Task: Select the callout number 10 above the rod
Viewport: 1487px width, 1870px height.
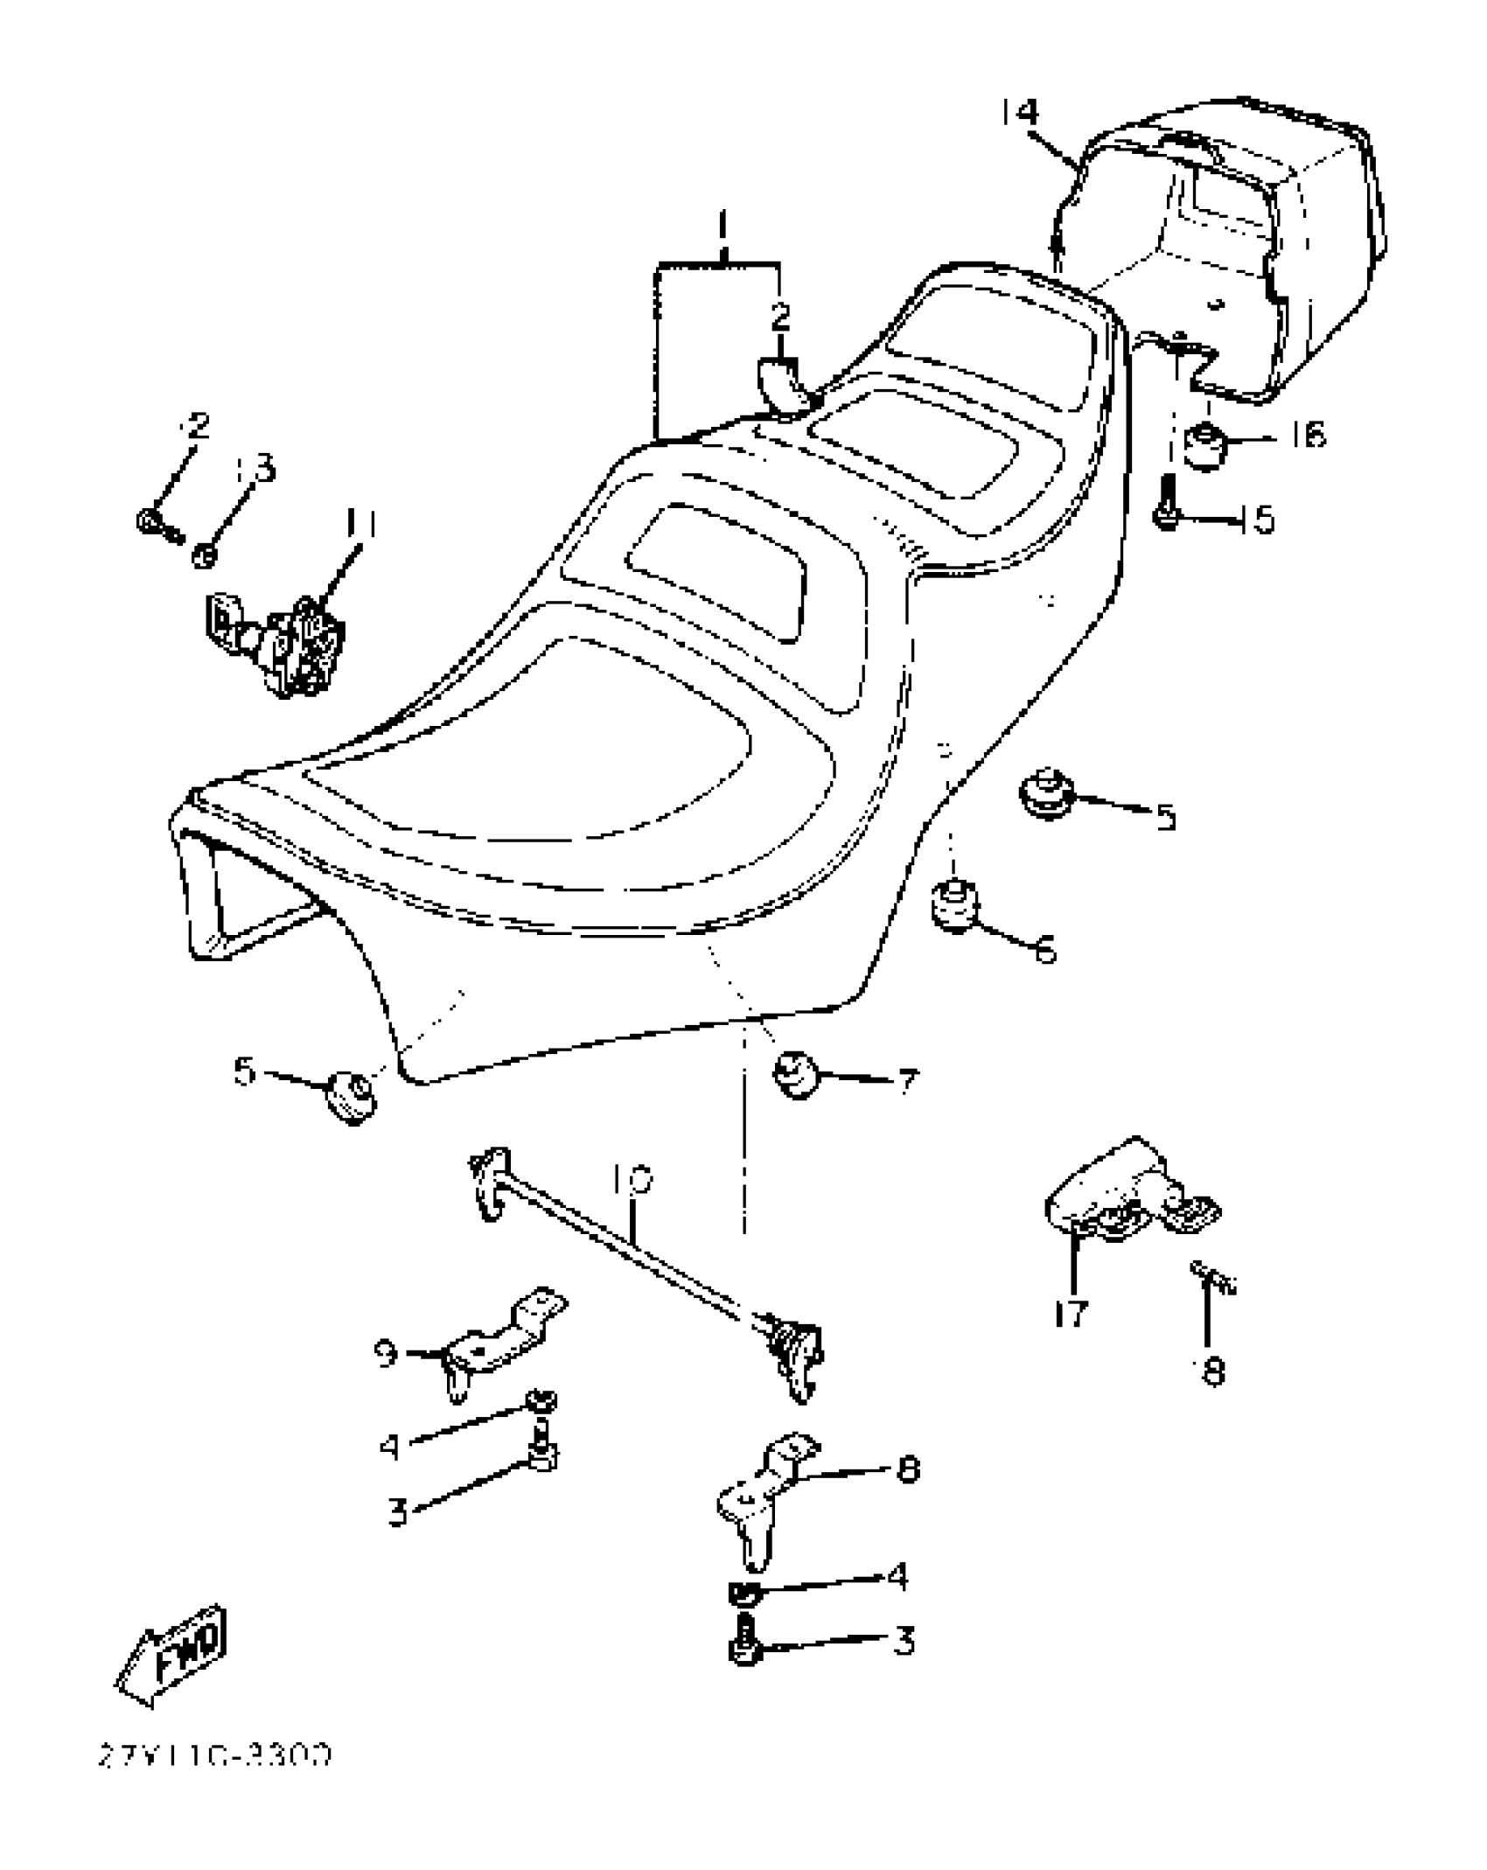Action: pos(632,1181)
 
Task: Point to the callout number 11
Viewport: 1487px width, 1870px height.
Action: pos(360,524)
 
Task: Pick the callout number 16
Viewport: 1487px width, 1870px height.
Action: pos(1308,435)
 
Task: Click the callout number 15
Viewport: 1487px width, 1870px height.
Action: pos(1257,520)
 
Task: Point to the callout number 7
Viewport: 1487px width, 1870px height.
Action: pos(907,1081)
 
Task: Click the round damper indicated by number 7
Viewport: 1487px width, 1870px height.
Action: pos(796,1074)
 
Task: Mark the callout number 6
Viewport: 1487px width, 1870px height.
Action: pos(1045,948)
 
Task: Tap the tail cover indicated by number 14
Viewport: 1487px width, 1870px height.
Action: pos(1242,245)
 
